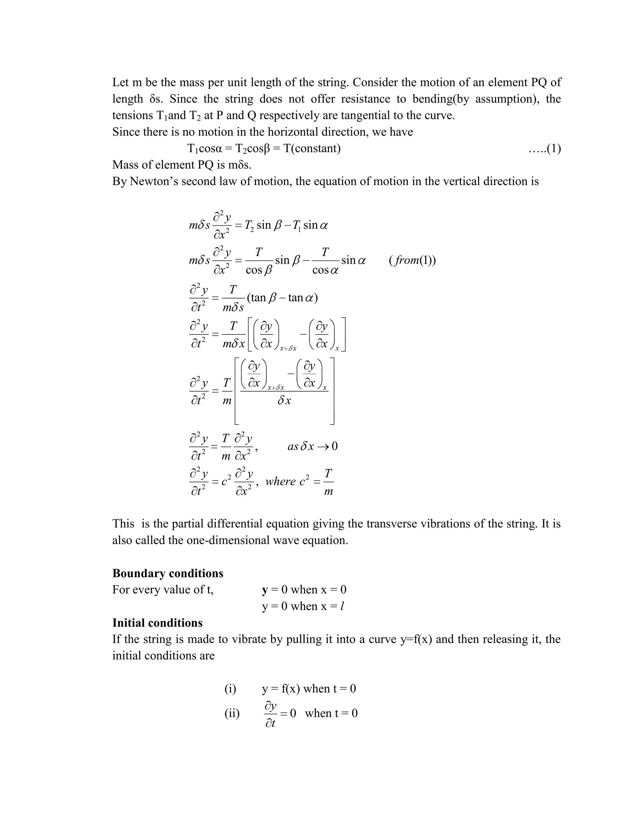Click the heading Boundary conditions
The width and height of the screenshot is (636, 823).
(168, 573)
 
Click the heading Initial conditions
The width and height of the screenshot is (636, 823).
(157, 622)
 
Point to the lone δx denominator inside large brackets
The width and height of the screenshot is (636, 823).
(284, 401)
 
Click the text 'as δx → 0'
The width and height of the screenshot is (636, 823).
(312, 446)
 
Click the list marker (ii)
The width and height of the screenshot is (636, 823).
(232, 713)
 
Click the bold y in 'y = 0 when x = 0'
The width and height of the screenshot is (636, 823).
(265, 590)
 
